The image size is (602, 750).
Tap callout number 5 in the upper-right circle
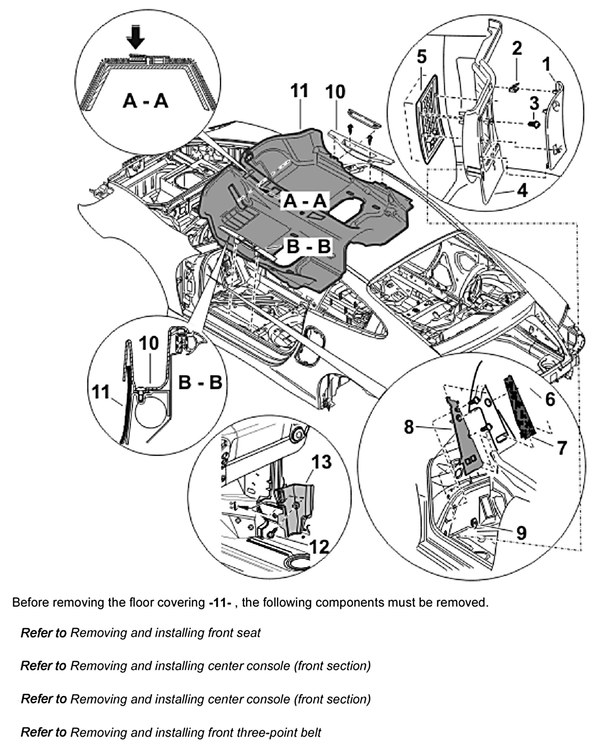(421, 57)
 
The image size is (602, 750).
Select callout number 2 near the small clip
(517, 48)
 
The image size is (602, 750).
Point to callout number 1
(547, 64)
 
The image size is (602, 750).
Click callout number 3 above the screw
(534, 103)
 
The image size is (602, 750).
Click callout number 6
(550, 399)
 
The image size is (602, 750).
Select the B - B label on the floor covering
(308, 246)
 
